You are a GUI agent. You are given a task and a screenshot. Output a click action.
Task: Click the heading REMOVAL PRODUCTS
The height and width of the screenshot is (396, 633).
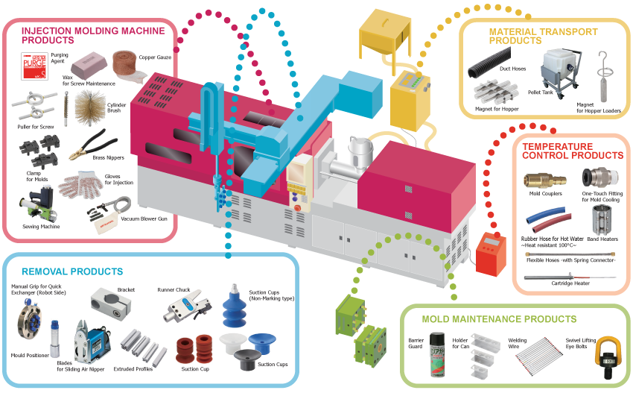coord(72,271)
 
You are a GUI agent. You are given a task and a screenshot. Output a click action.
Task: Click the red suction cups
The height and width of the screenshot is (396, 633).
coord(192,350)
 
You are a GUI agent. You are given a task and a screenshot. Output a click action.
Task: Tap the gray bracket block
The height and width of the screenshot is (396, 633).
coord(106,302)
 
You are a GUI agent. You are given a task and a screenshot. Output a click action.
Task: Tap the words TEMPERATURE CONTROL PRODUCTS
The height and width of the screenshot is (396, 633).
coord(572,151)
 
